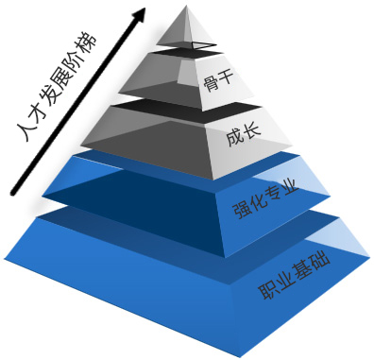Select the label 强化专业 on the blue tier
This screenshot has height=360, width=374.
tap(265, 199)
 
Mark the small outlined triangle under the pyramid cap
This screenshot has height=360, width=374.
tap(198, 44)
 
